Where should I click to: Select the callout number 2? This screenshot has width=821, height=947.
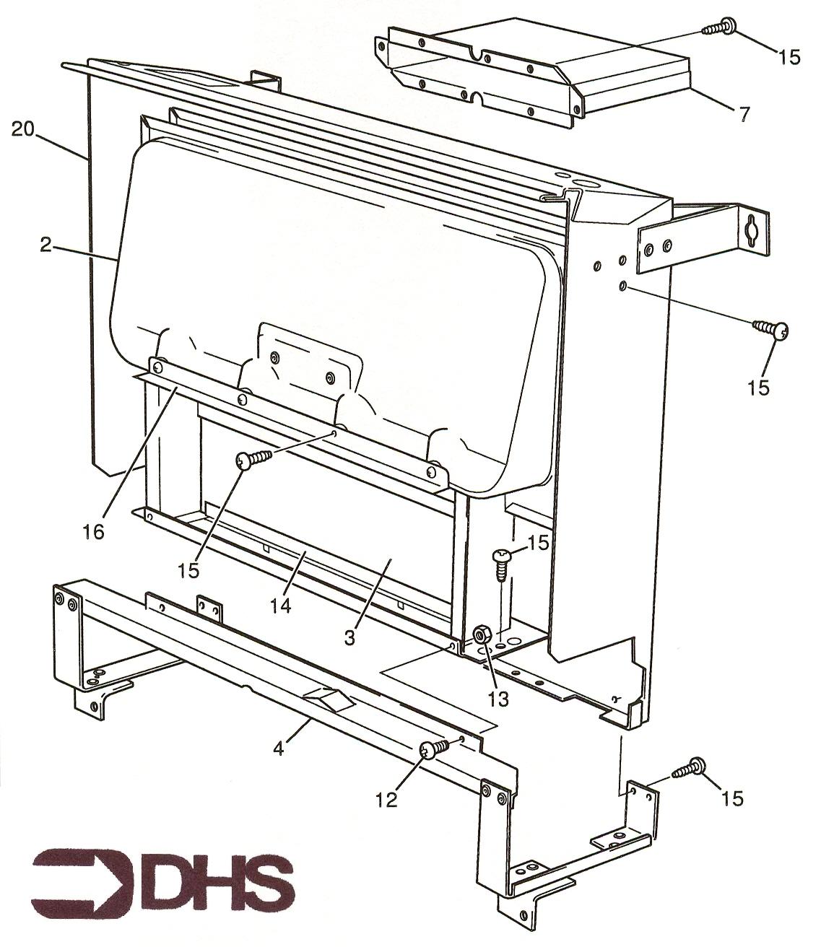click(x=45, y=245)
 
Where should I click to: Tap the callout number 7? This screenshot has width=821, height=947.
click(x=744, y=113)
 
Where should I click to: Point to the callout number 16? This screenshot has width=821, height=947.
click(x=94, y=531)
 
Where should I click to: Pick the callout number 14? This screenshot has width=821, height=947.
click(x=281, y=606)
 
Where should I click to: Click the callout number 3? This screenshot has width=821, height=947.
click(x=349, y=637)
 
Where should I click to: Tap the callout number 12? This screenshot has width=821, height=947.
click(x=386, y=800)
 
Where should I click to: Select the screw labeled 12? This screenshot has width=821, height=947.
click(x=434, y=750)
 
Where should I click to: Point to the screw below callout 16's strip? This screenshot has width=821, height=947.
click(x=253, y=459)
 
